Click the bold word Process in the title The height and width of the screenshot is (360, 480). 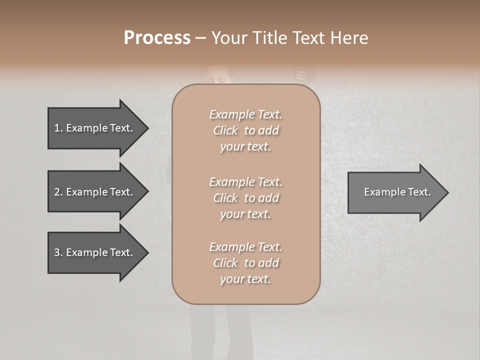157,38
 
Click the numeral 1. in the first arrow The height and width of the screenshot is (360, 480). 58,128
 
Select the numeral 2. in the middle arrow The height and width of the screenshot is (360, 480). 58,192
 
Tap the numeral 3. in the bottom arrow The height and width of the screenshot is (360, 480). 58,252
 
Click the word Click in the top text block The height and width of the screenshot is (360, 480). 225,130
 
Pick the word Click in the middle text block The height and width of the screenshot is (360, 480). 225,198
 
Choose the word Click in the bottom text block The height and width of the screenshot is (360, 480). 225,263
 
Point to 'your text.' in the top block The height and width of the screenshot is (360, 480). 245,147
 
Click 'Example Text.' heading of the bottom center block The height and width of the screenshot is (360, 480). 245,247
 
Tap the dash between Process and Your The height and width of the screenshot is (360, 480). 200,38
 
